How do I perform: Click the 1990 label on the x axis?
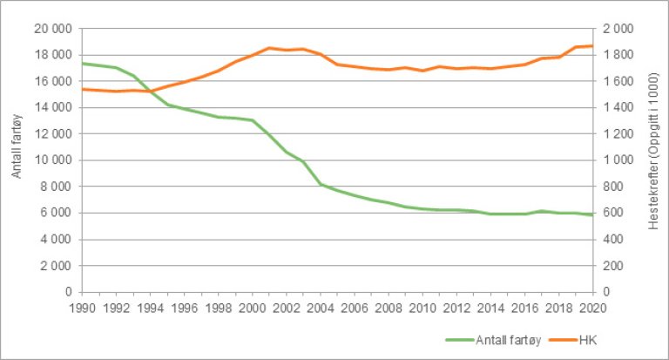(x=81, y=307)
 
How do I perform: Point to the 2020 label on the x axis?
(x=592, y=307)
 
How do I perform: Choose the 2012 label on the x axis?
(x=456, y=307)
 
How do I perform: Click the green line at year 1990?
(x=81, y=63)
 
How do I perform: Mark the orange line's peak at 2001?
(x=269, y=48)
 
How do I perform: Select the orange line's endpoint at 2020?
(x=592, y=45)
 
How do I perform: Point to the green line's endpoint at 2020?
(x=592, y=214)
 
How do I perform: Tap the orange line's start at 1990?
(x=81, y=89)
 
